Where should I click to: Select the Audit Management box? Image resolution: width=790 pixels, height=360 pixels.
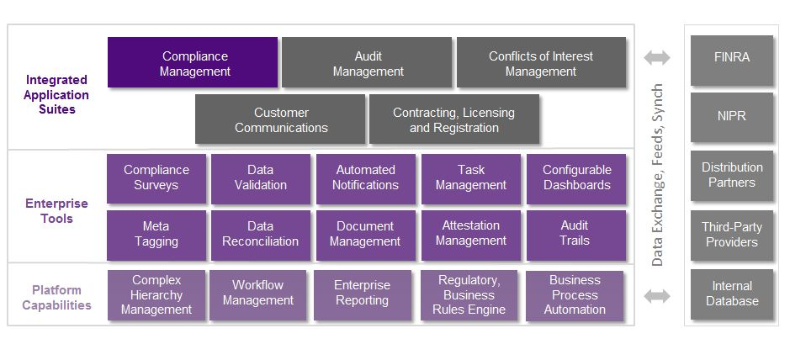[367, 63]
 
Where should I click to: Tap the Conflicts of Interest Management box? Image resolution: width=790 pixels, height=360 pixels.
[541, 63]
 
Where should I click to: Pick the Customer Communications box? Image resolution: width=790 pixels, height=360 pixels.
[280, 119]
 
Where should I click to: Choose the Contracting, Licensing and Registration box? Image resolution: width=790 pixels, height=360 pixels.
[453, 119]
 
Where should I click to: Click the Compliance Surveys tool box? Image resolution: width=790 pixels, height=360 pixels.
[156, 177]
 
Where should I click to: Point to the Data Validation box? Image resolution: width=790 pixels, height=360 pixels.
[260, 177]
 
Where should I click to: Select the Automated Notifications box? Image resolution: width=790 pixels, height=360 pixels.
[365, 177]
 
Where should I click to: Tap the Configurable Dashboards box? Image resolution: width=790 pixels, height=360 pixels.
[576, 177]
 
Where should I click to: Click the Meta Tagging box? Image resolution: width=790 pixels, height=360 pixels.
[156, 234]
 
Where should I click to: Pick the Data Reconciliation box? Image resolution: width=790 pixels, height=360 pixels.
[260, 234]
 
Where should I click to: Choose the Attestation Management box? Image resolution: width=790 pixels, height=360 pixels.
[470, 234]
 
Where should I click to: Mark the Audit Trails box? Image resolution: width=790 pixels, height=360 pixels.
[576, 234]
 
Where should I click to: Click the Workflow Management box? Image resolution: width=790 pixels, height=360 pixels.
[258, 294]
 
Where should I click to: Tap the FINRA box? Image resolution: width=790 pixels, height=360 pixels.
[731, 59]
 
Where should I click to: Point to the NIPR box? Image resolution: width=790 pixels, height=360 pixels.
[731, 117]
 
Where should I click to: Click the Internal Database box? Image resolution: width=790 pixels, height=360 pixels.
[731, 294]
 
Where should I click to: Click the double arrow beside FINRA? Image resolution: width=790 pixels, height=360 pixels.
[657, 58]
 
